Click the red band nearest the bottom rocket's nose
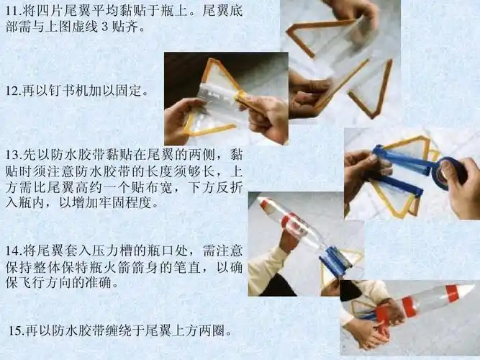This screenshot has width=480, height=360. point(451,293)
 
